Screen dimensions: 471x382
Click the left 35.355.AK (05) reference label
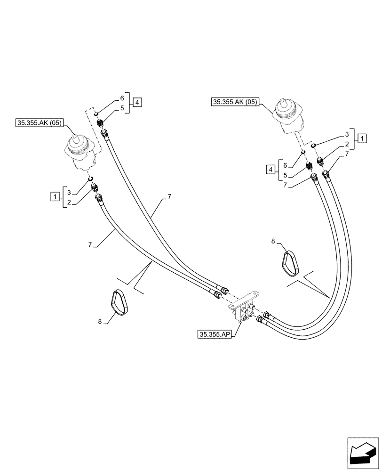(x=39, y=123)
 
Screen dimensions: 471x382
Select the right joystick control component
(x=288, y=117)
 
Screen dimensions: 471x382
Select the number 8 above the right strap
(x=273, y=241)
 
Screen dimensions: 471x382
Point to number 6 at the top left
(x=121, y=98)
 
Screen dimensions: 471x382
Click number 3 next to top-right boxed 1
(x=347, y=135)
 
